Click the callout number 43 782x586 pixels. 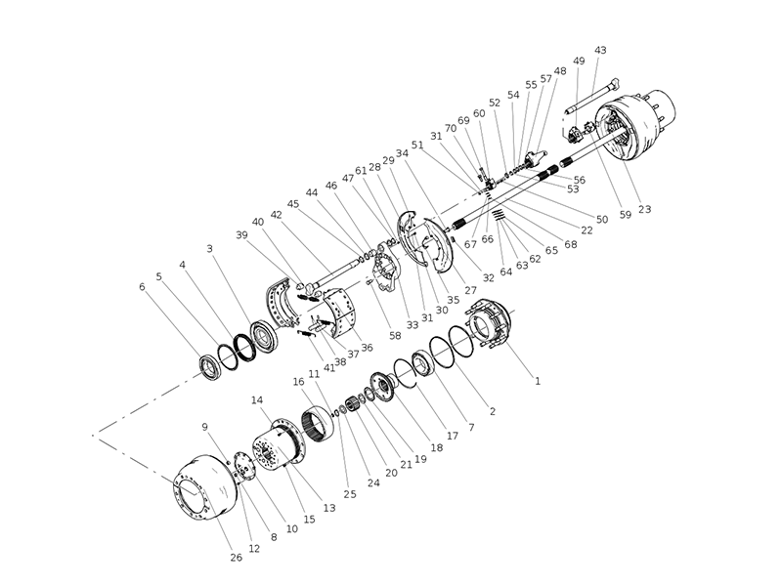600,50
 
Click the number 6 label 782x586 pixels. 143,287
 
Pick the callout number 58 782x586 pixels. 395,335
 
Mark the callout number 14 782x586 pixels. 258,400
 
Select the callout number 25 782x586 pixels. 350,494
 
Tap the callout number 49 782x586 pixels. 579,62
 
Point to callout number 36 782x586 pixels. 367,347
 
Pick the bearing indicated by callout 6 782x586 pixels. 209,364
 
